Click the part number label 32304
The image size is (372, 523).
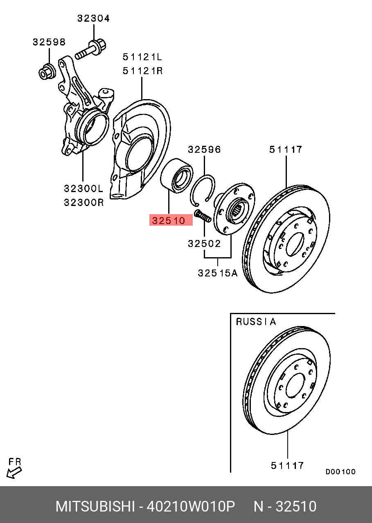94,18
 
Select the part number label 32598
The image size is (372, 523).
49,42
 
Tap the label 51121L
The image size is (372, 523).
143,57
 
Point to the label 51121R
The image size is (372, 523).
143,71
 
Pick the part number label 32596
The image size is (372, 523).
204,149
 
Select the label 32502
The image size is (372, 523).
204,244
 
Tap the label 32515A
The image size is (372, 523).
217,273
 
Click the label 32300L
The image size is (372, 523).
83,188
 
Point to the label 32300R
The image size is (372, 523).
83,202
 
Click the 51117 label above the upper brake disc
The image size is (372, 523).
286,149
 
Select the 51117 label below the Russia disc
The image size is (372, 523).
287,465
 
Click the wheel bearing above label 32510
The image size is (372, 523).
176,176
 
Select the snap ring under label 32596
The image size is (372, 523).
203,188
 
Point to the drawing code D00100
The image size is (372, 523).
340,472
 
